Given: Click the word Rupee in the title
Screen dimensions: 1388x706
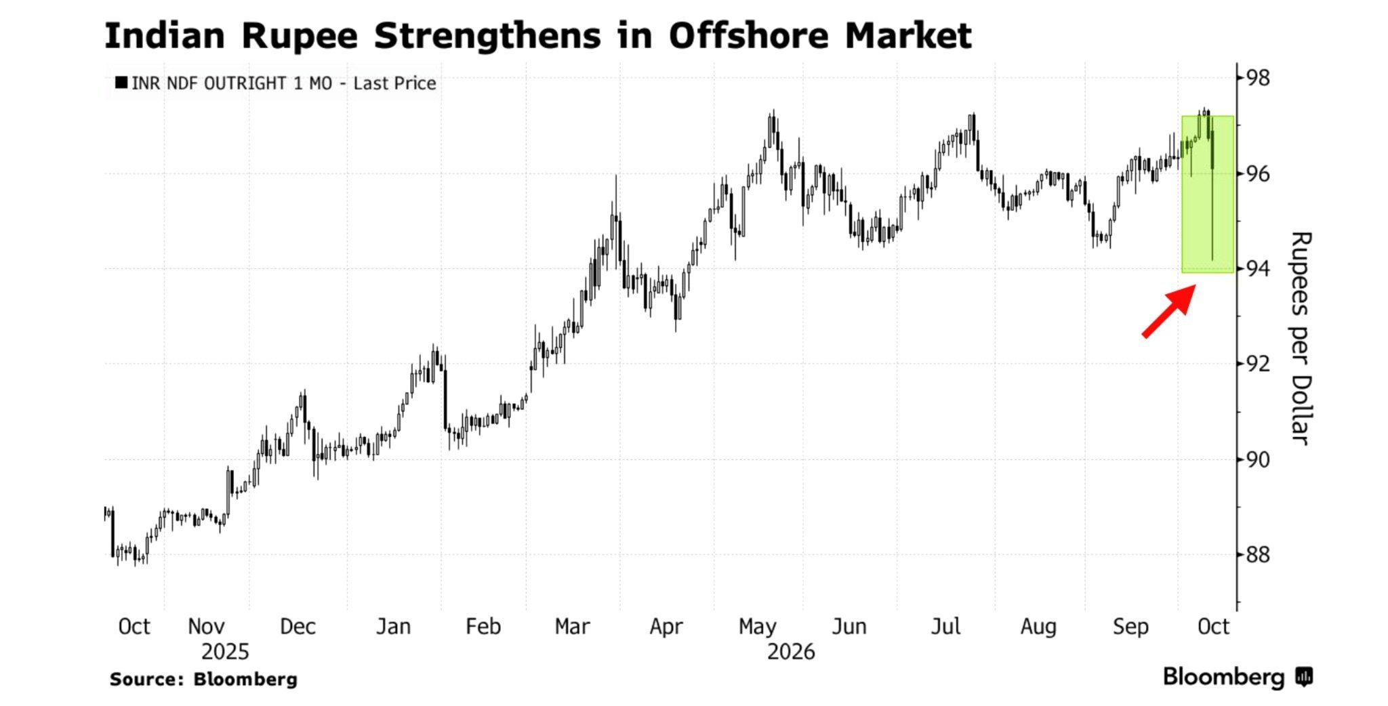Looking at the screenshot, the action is tap(299, 37).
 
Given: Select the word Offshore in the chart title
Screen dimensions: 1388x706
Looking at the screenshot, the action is tap(749, 35).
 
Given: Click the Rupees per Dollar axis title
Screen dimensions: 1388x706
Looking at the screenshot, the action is tap(1301, 337).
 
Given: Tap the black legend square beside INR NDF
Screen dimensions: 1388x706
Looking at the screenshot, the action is tap(121, 83).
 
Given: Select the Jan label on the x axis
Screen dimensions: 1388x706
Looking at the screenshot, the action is tap(393, 627).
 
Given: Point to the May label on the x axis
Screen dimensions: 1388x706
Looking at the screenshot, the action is tap(757, 627).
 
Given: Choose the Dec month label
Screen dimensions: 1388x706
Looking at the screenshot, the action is tap(298, 627).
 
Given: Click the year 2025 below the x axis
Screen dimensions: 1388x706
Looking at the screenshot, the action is tap(225, 652).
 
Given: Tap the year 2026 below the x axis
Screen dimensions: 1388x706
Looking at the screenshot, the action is tap(791, 652).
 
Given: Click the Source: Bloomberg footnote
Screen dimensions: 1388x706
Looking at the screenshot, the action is tap(203, 680).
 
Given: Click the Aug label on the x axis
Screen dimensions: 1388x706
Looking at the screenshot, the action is tap(1038, 627).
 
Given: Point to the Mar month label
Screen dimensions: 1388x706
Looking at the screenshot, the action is tap(572, 627).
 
